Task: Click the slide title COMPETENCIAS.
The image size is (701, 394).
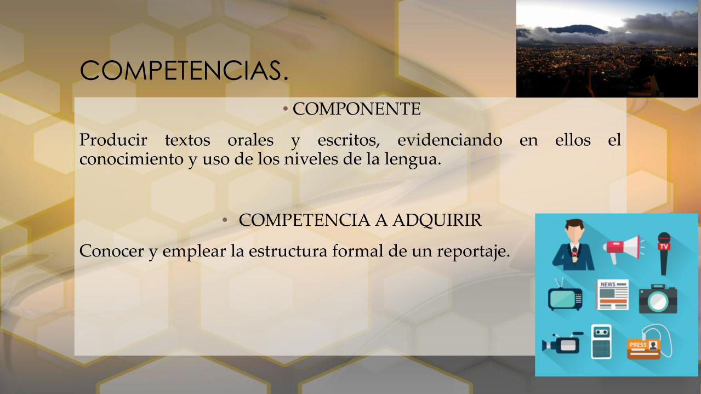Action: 184,71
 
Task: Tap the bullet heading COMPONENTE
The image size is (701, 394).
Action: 356,109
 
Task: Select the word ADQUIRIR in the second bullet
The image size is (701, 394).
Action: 437,220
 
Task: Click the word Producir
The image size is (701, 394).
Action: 113,140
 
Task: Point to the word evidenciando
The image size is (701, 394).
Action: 450,140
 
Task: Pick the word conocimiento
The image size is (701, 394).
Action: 132,159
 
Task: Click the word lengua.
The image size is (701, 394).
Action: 413,159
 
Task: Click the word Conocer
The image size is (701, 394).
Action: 112,251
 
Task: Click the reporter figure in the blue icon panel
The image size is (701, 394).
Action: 574,245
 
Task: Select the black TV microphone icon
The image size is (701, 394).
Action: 664,254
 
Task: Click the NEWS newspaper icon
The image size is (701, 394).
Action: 613,295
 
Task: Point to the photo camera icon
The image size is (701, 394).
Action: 658,299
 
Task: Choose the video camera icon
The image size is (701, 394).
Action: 562,342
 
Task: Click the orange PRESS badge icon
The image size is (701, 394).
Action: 644,349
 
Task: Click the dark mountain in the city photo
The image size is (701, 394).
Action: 579,30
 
